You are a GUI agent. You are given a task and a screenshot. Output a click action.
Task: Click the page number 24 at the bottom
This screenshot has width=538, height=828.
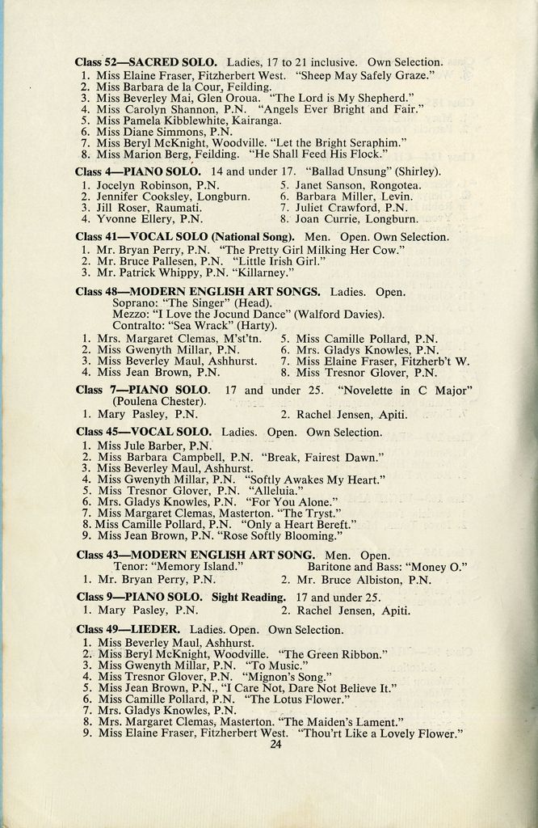point(275,745)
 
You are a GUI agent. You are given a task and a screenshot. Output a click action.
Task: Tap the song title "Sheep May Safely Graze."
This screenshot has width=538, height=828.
point(366,74)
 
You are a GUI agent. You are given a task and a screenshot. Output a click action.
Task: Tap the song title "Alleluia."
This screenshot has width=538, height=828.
point(272,490)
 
